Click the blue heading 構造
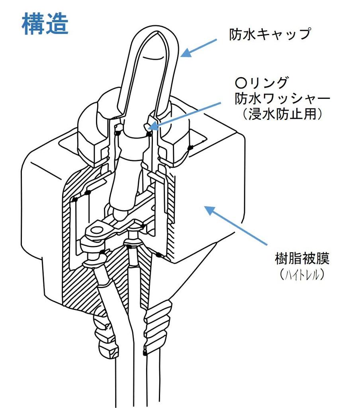[45, 24]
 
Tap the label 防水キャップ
[270, 34]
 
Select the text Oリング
[261, 83]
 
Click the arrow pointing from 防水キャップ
[199, 47]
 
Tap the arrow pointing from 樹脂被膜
[235, 225]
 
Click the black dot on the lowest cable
[144, 353]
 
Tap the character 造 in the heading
[57, 24]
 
